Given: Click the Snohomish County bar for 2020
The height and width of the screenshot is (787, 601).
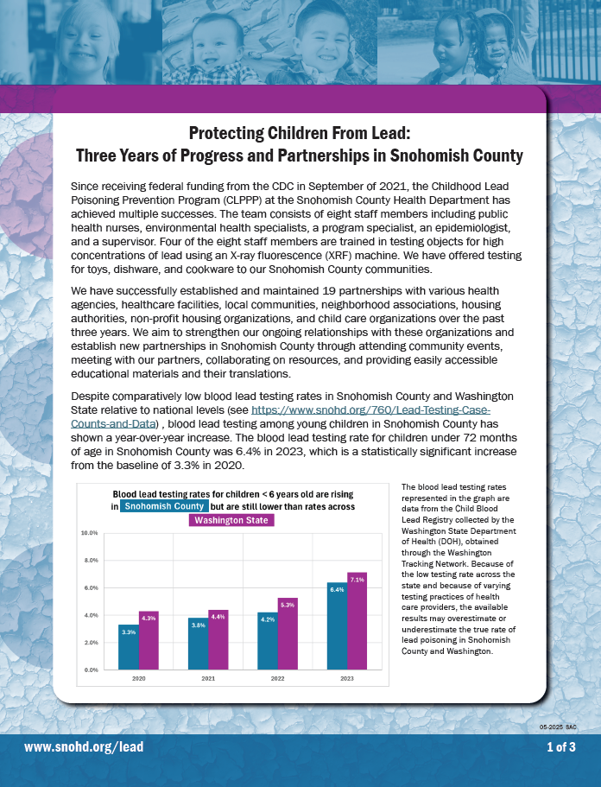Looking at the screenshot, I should [x=129, y=647].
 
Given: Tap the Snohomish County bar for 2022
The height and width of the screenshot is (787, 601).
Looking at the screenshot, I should [x=268, y=641].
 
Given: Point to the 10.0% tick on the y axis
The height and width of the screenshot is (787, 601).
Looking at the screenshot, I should [x=89, y=533].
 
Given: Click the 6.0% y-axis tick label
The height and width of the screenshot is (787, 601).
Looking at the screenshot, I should [x=89, y=588].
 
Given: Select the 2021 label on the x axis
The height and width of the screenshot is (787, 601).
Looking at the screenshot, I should [x=208, y=680].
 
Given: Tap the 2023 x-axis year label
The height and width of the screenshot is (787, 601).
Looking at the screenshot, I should [x=347, y=680].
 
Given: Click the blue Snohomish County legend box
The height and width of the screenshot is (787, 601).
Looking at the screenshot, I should [x=164, y=506].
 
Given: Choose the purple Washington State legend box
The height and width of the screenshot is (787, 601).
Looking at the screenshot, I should [x=231, y=521].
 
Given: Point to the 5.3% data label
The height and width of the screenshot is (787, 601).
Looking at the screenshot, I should [x=288, y=605].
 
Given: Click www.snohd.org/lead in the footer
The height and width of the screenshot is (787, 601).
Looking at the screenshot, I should [x=84, y=747].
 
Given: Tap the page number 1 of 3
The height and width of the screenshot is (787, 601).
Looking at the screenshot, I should [x=561, y=747].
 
